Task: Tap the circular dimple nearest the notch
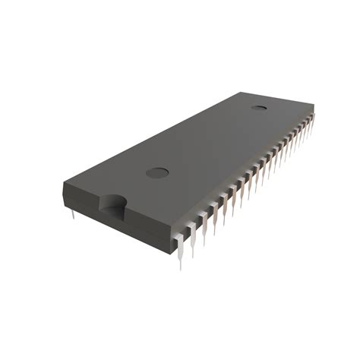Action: click(x=156, y=172)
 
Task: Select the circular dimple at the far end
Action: click(x=259, y=106)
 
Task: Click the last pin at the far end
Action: click(x=311, y=122)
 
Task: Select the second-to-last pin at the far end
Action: click(x=308, y=126)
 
